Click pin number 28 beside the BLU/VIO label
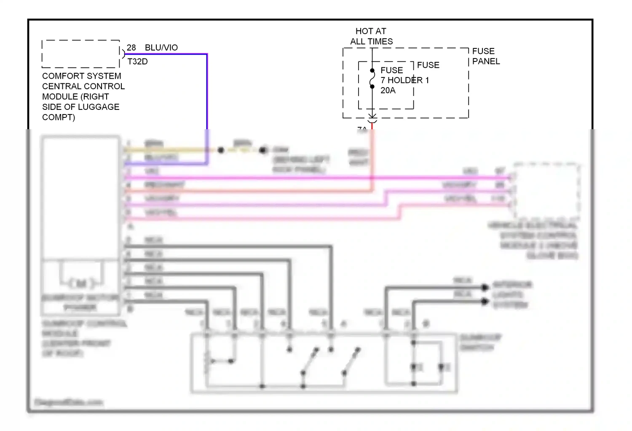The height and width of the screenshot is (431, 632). (x=131, y=48)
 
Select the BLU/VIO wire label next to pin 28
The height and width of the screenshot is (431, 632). (x=161, y=48)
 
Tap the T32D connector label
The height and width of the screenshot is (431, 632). (x=137, y=61)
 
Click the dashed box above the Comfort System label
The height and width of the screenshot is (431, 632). (x=80, y=54)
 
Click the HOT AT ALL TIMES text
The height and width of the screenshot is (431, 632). (x=371, y=36)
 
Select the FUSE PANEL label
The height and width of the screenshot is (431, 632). (x=485, y=56)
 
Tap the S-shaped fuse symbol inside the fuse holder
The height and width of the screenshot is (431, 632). (x=372, y=79)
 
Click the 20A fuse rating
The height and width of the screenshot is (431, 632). (x=388, y=90)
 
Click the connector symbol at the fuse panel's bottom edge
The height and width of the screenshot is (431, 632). (x=372, y=117)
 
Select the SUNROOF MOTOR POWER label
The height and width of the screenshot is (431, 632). (x=80, y=303)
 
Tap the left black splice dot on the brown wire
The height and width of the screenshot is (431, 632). (x=221, y=150)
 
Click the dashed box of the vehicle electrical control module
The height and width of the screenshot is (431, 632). (x=546, y=190)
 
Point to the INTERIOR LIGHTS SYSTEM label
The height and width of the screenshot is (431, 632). (x=511, y=295)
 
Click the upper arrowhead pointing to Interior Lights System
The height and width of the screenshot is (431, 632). (x=485, y=287)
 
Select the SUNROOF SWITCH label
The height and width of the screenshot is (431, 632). (x=480, y=342)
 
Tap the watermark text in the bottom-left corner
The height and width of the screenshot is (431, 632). (x=68, y=402)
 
